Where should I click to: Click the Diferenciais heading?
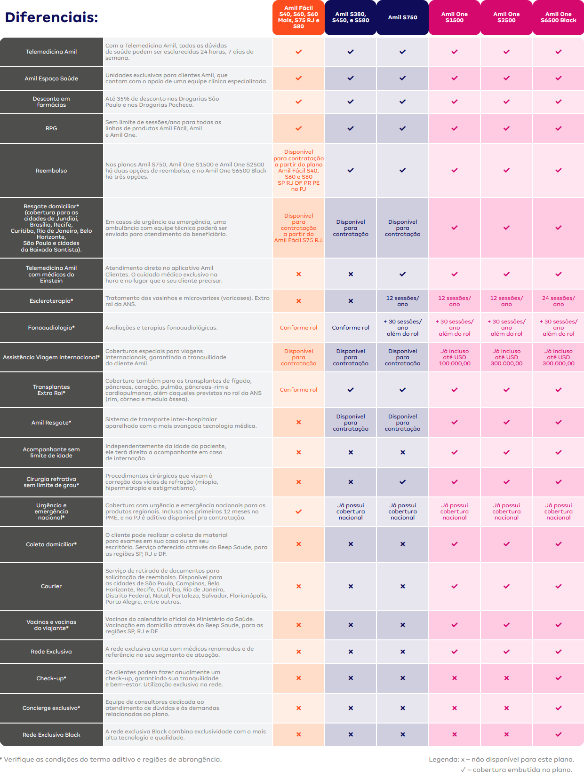(x=51, y=17)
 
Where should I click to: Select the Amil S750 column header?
(x=402, y=17)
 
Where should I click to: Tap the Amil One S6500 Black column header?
(x=558, y=17)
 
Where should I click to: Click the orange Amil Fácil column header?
(x=298, y=17)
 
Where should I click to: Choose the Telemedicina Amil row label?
(x=51, y=52)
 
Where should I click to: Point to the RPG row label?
(x=51, y=128)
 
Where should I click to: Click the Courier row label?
(x=51, y=586)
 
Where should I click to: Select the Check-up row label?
(x=51, y=678)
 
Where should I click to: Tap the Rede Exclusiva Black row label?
(x=51, y=735)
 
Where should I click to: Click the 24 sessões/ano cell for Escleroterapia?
(x=558, y=301)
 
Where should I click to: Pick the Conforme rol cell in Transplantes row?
(x=298, y=390)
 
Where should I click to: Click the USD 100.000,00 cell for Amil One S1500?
(x=454, y=357)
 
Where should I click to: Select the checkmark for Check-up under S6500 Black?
(x=558, y=678)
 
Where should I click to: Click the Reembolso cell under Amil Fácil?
(x=298, y=170)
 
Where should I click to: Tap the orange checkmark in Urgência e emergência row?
(x=298, y=511)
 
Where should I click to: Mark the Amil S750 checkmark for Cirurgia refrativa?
(x=402, y=482)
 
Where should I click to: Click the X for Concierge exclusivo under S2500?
(x=506, y=708)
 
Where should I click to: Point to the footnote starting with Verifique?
(x=111, y=759)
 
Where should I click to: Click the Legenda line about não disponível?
(x=501, y=759)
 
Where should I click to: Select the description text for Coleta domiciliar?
(x=186, y=544)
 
